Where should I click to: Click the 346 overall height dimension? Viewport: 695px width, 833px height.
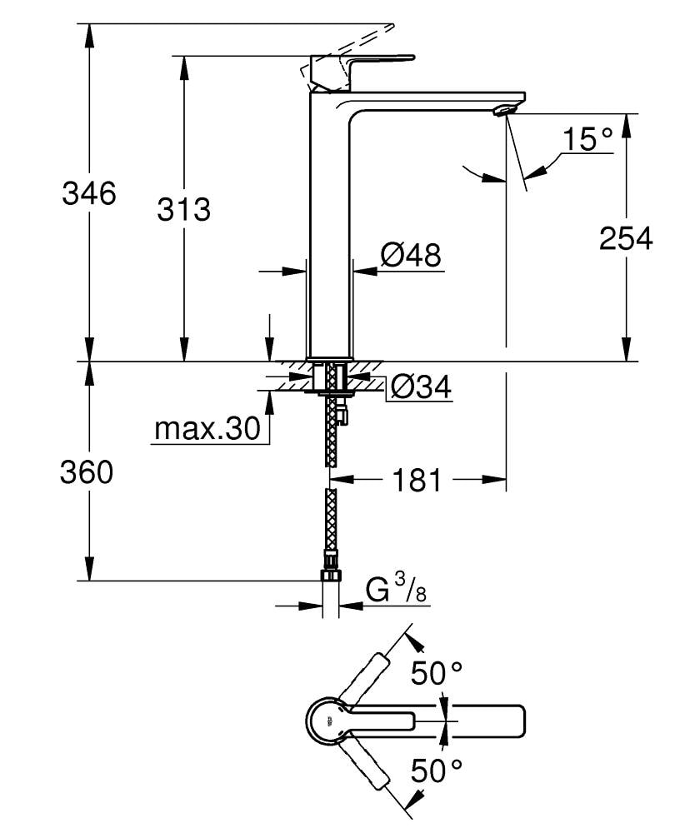pos(89,194)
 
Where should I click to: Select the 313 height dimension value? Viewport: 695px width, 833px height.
pos(184,209)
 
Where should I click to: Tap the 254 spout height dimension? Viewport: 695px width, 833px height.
pos(626,238)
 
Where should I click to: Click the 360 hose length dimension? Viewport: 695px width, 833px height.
pos(87,473)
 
